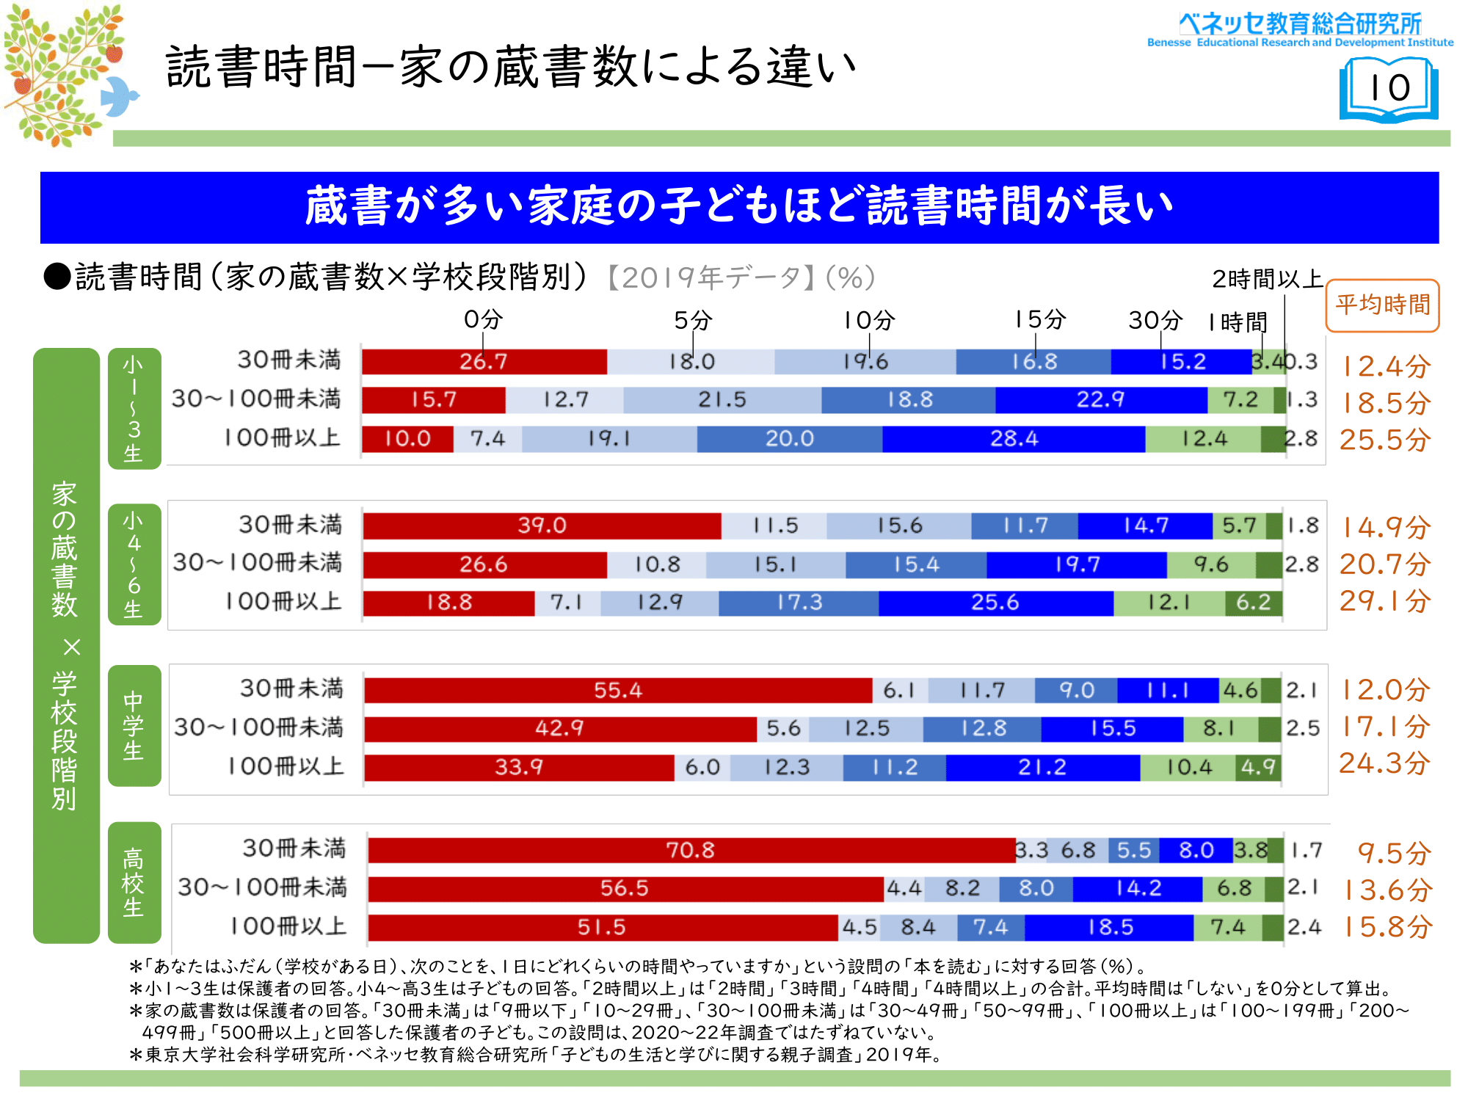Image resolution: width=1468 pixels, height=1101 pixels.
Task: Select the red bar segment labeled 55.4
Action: coord(618,690)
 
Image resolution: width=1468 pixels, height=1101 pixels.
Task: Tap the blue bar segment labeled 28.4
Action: coord(1014,439)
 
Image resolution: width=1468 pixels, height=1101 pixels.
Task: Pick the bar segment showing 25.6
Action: coord(995,603)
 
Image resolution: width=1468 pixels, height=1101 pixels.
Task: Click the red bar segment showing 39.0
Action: coord(542,526)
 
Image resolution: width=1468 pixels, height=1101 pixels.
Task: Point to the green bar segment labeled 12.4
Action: coord(1204,439)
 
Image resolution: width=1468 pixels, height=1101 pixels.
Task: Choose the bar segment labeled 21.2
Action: coord(1042,767)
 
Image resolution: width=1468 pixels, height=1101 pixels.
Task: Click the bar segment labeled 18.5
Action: coord(1109,927)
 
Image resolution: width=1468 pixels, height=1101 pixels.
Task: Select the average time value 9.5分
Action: coord(1394,854)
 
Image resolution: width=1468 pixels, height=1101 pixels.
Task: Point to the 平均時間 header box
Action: coord(1383,305)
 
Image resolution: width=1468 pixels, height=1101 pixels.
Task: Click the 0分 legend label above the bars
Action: coord(483,319)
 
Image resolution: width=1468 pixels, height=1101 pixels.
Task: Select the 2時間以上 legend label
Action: coord(1267,279)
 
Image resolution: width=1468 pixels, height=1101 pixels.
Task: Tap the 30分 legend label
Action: coord(1155,320)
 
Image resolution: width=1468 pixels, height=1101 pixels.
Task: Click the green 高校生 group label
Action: coord(134,882)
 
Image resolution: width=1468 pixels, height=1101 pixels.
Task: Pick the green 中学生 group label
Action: coord(134,725)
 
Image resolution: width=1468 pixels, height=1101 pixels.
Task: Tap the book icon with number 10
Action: coord(1389,90)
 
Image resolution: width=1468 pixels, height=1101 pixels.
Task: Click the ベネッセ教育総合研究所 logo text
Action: coord(1300,23)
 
